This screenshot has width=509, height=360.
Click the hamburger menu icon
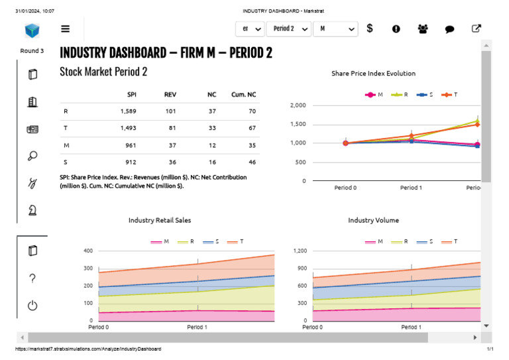[x=65, y=29]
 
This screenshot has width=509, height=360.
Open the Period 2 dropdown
[x=290, y=29]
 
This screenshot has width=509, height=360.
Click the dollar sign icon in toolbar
[x=370, y=29]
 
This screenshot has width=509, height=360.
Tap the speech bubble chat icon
[x=449, y=29]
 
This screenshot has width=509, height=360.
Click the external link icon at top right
[x=476, y=29]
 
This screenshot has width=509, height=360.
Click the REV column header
[x=170, y=95]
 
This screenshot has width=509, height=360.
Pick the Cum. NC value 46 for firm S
[x=252, y=162]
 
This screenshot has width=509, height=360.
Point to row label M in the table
[x=66, y=145]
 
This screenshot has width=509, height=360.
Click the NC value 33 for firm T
[x=212, y=128]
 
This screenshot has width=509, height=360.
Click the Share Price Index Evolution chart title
[x=373, y=74]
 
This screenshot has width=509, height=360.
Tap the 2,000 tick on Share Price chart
[x=298, y=105]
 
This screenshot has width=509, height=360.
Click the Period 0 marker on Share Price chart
[x=345, y=143]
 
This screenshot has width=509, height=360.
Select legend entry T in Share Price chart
[x=451, y=95]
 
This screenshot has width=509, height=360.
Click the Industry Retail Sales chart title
[x=160, y=220]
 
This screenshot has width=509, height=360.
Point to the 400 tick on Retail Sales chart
[x=88, y=251]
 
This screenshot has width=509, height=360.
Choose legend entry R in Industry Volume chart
[x=400, y=242]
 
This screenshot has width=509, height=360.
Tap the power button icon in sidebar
[x=32, y=306]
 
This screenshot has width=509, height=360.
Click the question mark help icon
[x=32, y=278]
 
